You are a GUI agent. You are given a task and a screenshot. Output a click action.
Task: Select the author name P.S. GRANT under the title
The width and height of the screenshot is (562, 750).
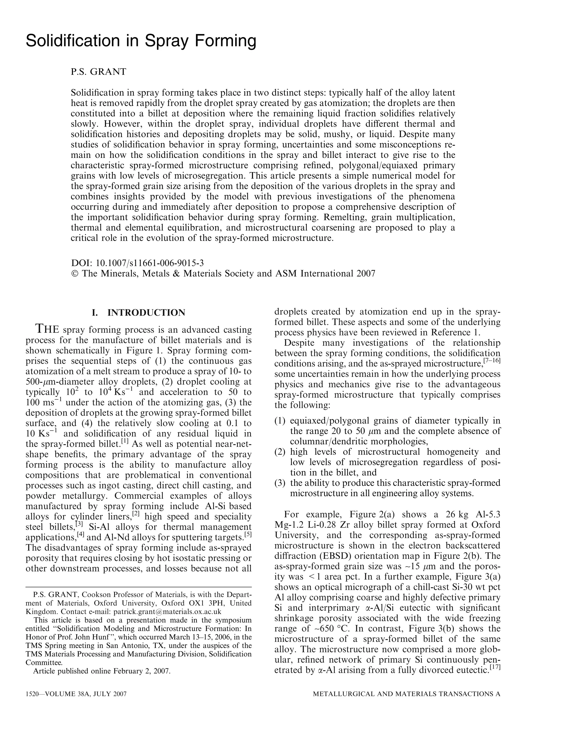tap(98, 72)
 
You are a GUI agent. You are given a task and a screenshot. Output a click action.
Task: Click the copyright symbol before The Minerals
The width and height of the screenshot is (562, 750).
tap(75, 273)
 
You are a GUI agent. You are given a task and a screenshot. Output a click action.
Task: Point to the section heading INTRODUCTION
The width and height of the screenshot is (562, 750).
tap(146, 313)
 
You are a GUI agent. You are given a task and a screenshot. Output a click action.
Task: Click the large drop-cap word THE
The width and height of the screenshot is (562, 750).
tap(47, 329)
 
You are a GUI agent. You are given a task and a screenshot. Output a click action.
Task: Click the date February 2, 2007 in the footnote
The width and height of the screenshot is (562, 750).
tap(142, 671)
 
